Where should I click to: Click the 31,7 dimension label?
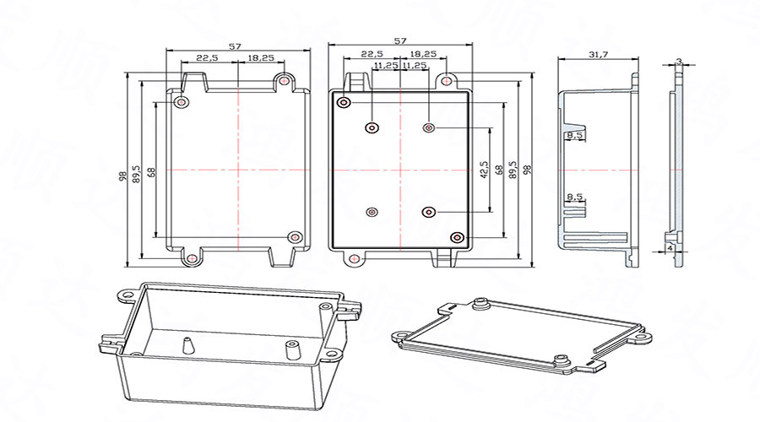597,55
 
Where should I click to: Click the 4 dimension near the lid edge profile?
670,249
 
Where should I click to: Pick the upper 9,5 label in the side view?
575,136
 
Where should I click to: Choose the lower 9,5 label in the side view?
575,197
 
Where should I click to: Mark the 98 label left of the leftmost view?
123,176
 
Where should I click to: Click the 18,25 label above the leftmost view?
261,58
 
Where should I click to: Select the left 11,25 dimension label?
386,65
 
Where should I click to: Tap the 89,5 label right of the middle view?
512,169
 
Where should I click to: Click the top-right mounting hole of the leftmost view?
285,81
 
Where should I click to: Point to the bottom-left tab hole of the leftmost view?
193,257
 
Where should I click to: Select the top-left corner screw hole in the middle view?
344,103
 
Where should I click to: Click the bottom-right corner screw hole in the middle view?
457,237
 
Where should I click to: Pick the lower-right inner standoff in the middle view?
429,212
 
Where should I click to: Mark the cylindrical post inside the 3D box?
291,346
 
